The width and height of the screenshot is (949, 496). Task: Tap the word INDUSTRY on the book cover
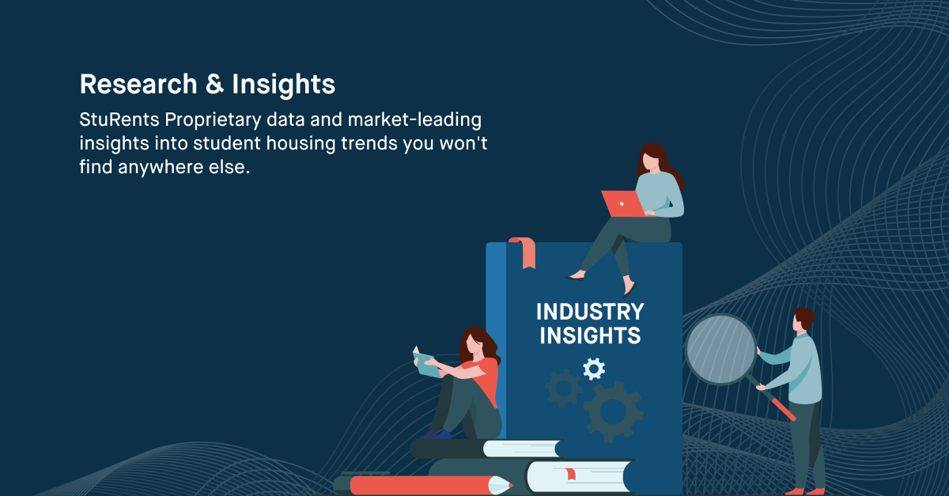(590, 311)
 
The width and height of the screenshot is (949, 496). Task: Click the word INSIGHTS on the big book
(590, 335)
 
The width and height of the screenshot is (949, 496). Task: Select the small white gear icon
(593, 368)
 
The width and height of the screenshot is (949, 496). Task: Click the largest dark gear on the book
(611, 410)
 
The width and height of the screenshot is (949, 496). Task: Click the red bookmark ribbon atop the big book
(522, 250)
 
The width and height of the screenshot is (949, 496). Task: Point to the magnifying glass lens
(720, 349)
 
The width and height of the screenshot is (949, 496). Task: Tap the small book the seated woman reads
(427, 364)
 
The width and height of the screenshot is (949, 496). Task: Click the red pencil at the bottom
(427, 484)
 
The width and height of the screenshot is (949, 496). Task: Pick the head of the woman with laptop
(653, 158)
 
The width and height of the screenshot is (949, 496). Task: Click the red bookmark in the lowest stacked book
(569, 475)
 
